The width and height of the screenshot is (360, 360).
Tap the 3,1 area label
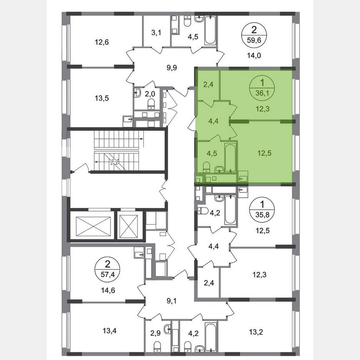click(x=156, y=32)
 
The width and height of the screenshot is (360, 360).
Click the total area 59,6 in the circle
click(x=255, y=41)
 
